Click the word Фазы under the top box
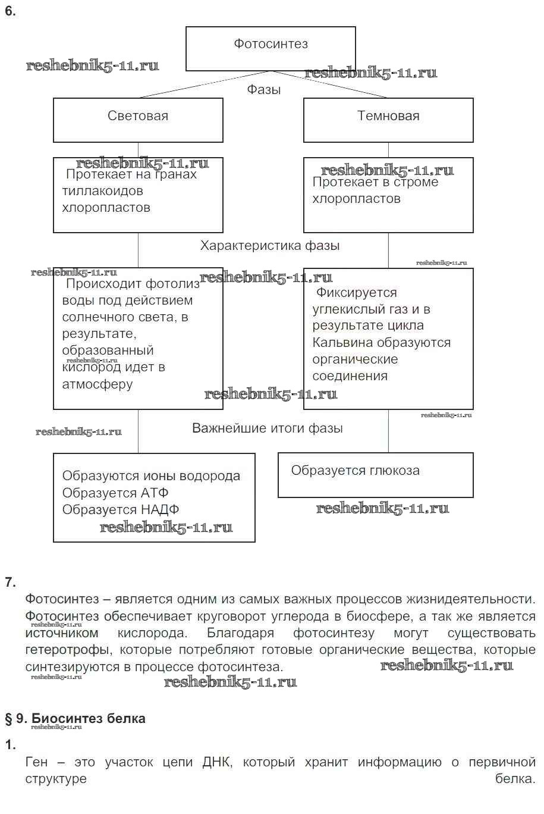click(264, 90)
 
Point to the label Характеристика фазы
click(270, 246)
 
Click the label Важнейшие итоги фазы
click(268, 428)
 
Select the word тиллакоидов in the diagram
click(102, 192)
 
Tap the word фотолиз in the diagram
click(173, 284)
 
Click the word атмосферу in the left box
click(98, 384)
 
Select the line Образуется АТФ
click(115, 493)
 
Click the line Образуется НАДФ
click(121, 510)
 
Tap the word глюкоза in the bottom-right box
click(393, 471)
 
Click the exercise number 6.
click(10, 11)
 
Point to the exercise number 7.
click(10, 583)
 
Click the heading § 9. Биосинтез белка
click(76, 719)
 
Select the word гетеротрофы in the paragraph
click(67, 650)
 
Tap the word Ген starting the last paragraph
click(37, 762)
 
